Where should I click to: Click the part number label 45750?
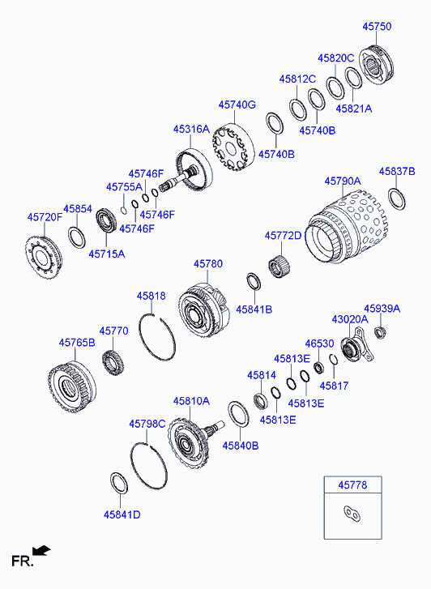pyautogui.click(x=377, y=26)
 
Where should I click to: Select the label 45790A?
pyautogui.click(x=343, y=181)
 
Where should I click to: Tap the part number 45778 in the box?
pyautogui.click(x=352, y=485)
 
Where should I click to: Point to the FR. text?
pyautogui.click(x=23, y=561)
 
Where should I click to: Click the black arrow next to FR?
pyautogui.click(x=41, y=550)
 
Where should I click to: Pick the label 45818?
pyautogui.click(x=151, y=296)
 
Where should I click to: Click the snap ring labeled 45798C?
pyautogui.click(x=149, y=466)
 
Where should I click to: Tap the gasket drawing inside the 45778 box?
pyautogui.click(x=352, y=514)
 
